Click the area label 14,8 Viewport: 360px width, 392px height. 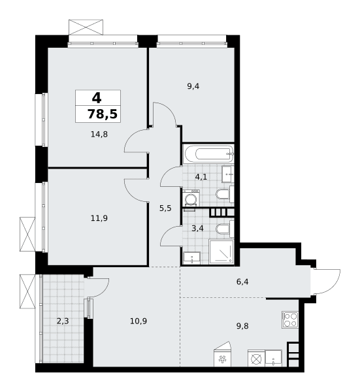(99, 135)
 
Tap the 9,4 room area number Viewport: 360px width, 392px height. (193, 86)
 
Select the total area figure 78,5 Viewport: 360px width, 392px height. (103, 114)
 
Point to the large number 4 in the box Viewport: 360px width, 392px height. (97, 98)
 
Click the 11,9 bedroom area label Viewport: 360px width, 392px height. (99, 218)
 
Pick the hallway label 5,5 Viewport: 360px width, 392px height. (165, 208)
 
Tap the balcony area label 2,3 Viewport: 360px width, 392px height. (63, 321)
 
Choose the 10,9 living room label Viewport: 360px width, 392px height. (139, 321)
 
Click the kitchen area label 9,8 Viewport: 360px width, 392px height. (242, 326)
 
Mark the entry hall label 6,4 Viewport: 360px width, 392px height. (242, 282)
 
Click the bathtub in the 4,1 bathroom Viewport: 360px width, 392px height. (208, 154)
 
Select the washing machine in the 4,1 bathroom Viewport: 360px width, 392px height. (191, 198)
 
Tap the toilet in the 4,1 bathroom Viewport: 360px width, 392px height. (225, 194)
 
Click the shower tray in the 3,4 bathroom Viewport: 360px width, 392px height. (221, 252)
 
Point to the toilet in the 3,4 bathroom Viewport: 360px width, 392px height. (225, 229)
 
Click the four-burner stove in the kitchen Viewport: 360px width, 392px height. (290, 319)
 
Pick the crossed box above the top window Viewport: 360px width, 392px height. (86, 27)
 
